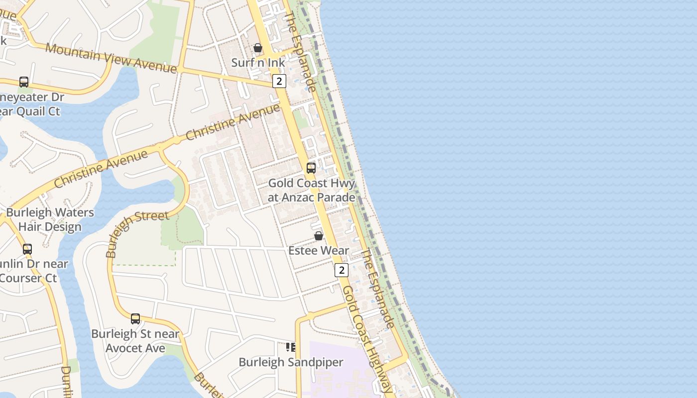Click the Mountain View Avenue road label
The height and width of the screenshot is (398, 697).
click(111, 58)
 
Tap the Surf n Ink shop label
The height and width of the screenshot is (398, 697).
click(258, 63)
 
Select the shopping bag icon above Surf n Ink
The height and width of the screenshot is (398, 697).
click(258, 48)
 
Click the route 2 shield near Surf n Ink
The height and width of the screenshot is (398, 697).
click(279, 81)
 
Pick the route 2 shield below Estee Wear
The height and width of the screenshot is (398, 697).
click(341, 270)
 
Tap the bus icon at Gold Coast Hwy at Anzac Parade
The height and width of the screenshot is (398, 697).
click(311, 168)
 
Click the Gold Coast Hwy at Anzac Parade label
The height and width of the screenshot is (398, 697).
click(312, 190)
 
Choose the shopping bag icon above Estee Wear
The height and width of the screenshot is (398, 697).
click(319, 236)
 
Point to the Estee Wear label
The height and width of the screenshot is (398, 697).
click(319, 250)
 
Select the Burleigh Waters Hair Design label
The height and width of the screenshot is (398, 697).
click(50, 219)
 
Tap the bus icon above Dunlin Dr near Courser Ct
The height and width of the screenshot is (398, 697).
click(27, 249)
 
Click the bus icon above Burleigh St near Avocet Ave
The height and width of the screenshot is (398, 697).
click(135, 318)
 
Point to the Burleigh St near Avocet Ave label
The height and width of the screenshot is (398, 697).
click(135, 341)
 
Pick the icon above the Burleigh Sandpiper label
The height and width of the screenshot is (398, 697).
click(291, 347)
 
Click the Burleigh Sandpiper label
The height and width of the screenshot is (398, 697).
click(291, 362)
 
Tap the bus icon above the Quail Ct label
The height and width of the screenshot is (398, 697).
click(24, 82)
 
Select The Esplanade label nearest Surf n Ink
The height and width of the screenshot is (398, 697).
click(300, 52)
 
